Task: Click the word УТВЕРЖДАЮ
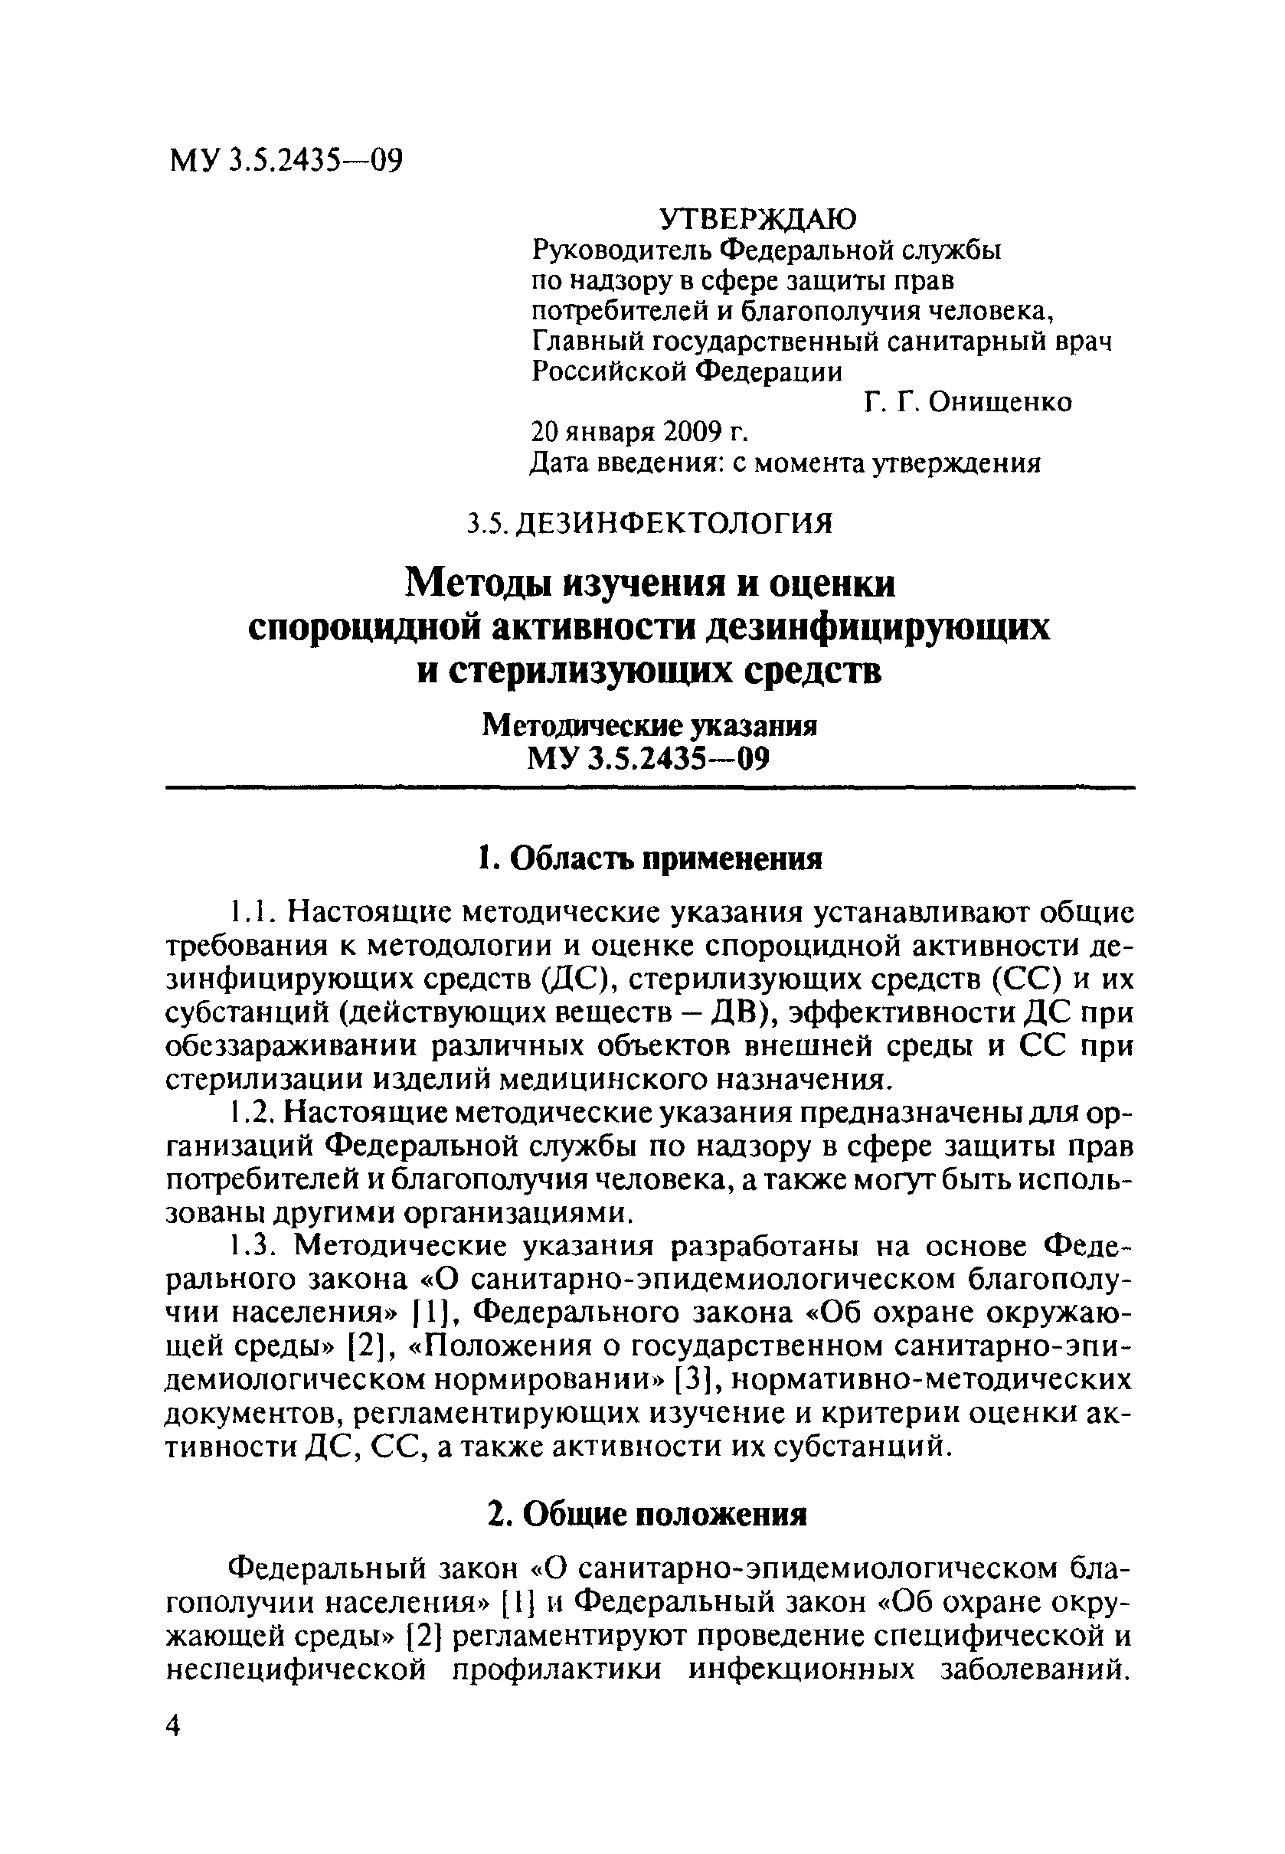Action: point(758,218)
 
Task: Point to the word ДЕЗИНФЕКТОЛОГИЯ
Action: point(673,524)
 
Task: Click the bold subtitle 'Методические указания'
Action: point(649,726)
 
